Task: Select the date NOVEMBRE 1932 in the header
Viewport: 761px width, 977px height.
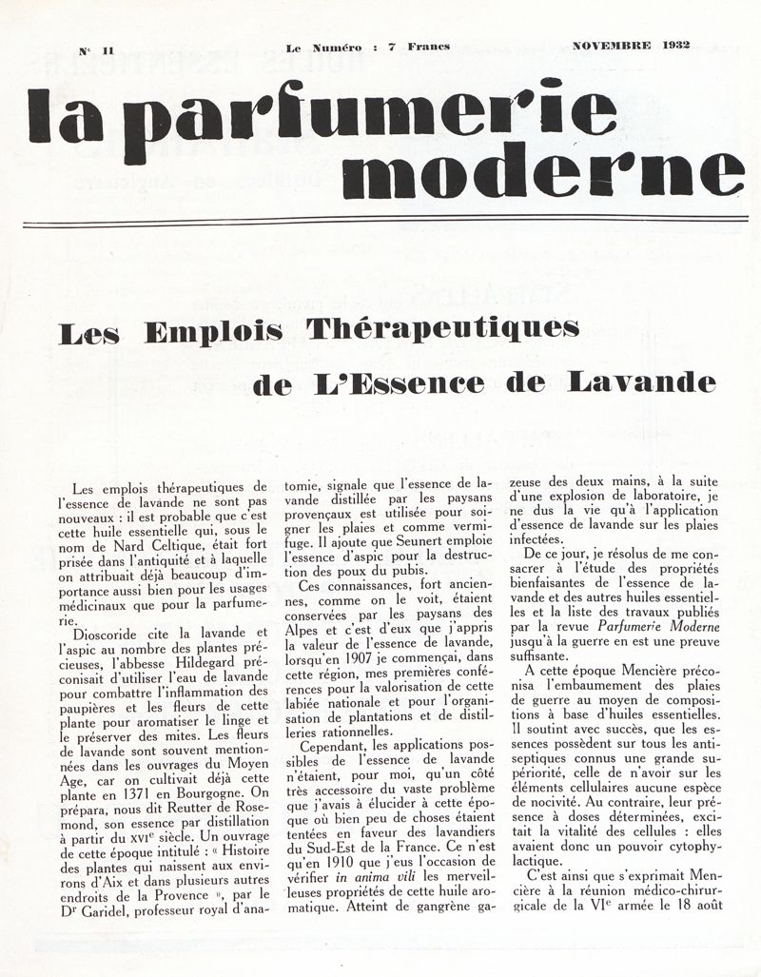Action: point(631,46)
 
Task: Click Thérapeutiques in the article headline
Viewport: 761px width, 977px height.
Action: point(442,333)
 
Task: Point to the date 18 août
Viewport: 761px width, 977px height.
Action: point(701,898)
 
